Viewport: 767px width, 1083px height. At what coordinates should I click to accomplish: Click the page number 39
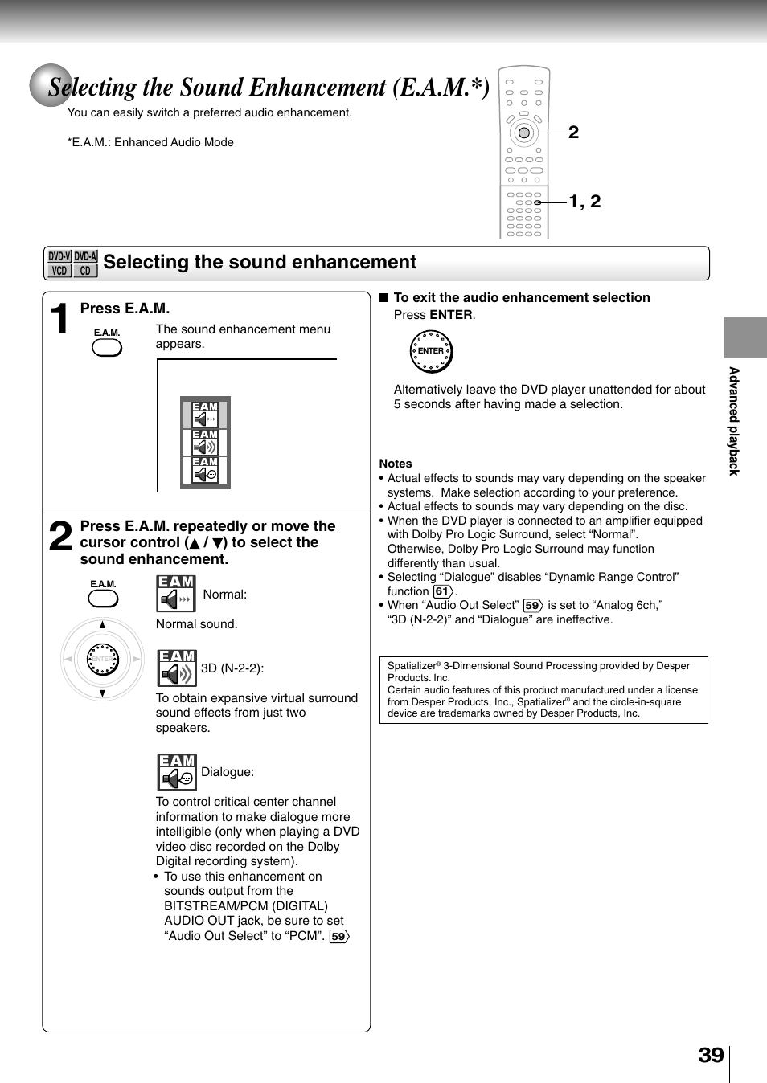click(711, 1055)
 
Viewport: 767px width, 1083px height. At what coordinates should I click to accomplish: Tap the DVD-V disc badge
click(59, 257)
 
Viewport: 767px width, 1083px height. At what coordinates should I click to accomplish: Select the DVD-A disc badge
click(85, 257)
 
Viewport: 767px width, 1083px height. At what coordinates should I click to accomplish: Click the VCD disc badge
click(59, 271)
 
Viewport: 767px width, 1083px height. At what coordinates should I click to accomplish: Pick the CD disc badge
click(85, 271)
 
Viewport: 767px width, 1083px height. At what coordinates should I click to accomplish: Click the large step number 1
click(59, 318)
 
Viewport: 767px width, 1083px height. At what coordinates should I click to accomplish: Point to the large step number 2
click(60, 537)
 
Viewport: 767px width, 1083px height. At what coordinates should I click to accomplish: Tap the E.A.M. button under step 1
click(107, 347)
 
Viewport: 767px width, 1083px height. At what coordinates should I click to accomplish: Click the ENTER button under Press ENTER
click(432, 351)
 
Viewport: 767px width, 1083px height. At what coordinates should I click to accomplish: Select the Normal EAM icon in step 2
click(176, 594)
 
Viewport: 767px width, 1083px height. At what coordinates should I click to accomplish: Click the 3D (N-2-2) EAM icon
click(176, 668)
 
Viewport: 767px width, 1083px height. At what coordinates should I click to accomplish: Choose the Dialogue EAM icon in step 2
click(176, 772)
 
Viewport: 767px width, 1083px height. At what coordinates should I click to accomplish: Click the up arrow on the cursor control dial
click(102, 625)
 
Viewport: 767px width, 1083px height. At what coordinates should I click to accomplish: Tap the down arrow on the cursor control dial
click(102, 693)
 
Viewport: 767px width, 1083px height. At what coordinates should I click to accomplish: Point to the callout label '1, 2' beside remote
click(584, 202)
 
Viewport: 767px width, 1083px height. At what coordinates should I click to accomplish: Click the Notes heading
click(396, 464)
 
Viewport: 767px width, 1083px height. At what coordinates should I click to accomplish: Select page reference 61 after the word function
click(443, 591)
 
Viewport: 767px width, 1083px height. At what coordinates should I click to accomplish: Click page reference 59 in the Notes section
click(532, 606)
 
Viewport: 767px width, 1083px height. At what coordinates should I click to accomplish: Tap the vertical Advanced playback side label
click(733, 421)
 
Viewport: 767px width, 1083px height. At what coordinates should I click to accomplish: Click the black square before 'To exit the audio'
click(384, 298)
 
